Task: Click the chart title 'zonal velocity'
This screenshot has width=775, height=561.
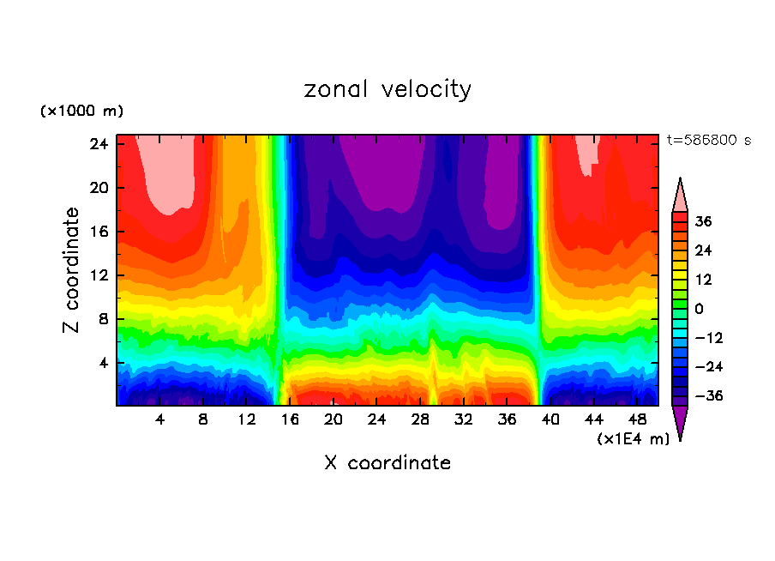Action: [387, 89]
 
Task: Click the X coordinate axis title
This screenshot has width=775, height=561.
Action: [387, 463]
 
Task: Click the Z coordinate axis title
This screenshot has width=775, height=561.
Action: [72, 270]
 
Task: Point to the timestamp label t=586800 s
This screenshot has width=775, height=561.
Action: [708, 140]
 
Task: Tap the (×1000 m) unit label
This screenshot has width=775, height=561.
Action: [81, 112]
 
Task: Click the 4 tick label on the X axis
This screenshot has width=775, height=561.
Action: [160, 419]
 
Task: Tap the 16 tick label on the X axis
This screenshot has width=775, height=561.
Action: [290, 419]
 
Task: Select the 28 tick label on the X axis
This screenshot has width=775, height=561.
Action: [420, 419]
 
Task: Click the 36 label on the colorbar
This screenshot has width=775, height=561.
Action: [704, 221]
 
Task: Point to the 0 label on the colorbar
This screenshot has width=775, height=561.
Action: [700, 309]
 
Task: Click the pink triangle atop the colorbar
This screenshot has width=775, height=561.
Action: [680, 196]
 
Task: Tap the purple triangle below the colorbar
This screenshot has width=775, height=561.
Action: [680, 422]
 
